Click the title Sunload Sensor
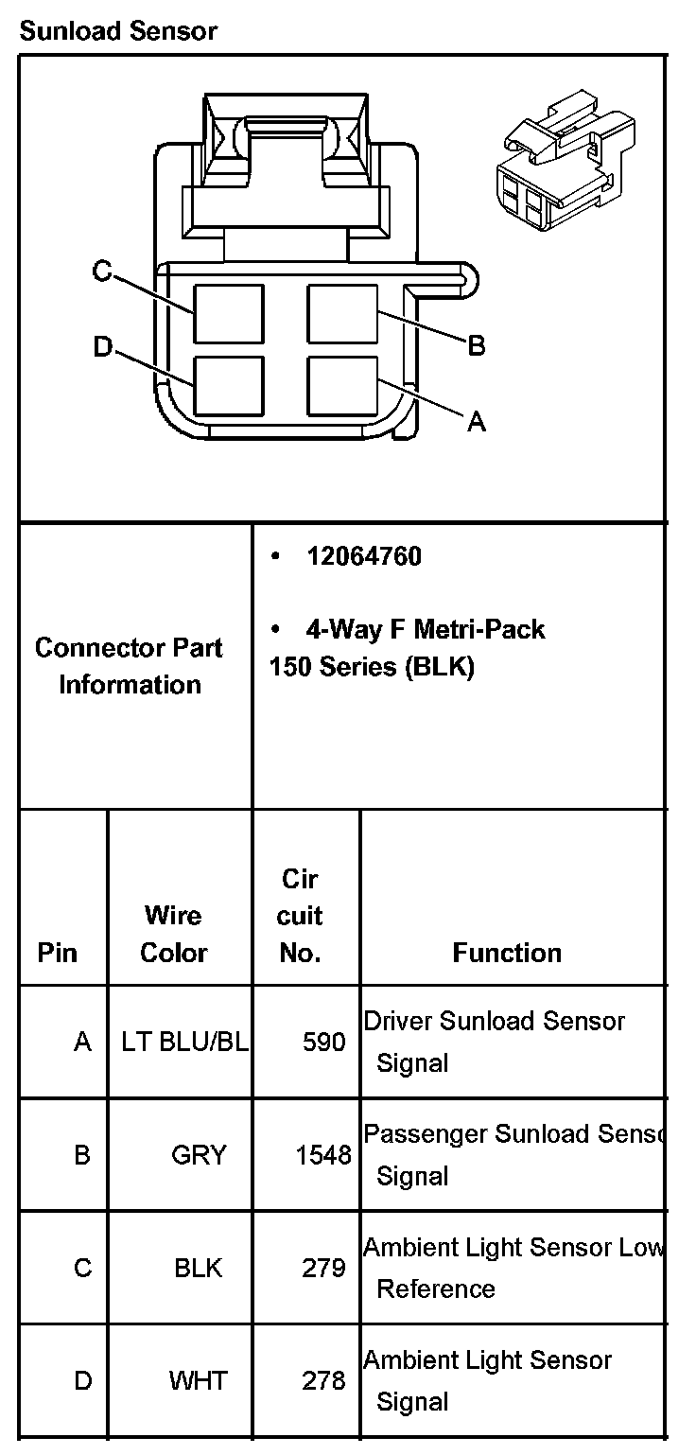(118, 31)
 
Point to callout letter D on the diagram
(102, 347)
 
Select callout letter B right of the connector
(477, 346)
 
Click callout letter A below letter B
(477, 423)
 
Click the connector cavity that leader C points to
(229, 313)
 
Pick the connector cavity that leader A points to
(342, 386)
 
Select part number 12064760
(363, 556)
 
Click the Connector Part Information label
(130, 666)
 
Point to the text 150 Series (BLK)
(372, 666)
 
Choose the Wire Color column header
(173, 934)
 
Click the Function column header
(507, 952)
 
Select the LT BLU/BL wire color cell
(185, 1042)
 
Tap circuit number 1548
(323, 1155)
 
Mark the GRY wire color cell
(199, 1155)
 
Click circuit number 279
(323, 1268)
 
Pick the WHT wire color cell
(199, 1380)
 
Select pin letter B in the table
(82, 1155)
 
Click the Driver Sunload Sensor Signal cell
(494, 1042)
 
